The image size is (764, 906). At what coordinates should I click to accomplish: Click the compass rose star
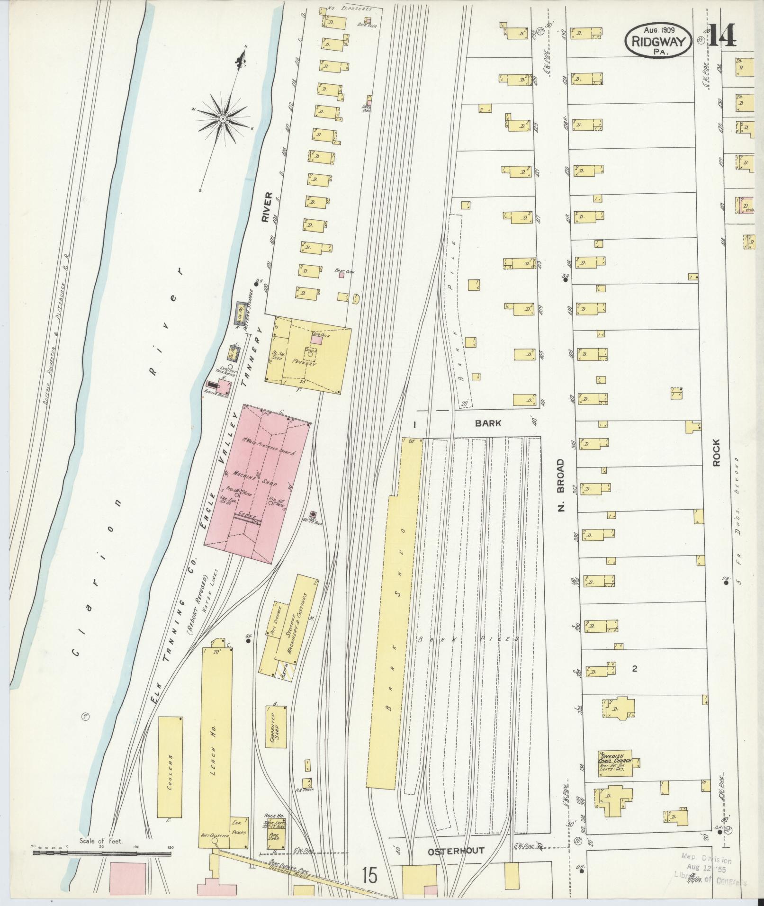point(222,117)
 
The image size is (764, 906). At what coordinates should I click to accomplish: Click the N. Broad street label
point(562,485)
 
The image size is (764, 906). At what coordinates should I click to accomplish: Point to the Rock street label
point(716,453)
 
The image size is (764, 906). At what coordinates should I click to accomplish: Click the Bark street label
point(488,423)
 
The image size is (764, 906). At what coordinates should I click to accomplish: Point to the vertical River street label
point(268,207)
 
